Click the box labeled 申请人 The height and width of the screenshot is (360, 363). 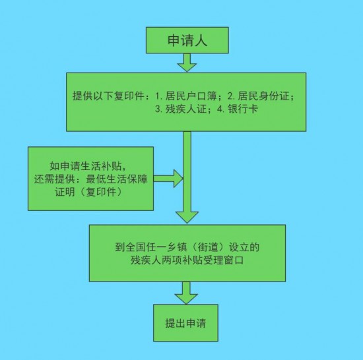click(x=187, y=40)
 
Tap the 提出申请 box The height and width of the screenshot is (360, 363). click(x=185, y=323)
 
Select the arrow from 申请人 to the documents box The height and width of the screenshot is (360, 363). click(x=187, y=63)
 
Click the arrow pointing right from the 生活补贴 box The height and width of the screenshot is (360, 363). click(x=168, y=178)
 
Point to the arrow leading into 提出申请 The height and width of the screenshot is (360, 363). click(x=186, y=293)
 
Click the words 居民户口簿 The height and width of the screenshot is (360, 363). click(x=191, y=96)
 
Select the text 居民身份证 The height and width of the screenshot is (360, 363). click(x=263, y=96)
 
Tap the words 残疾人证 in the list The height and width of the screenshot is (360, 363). click(x=185, y=109)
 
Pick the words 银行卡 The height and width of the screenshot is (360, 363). click(x=243, y=109)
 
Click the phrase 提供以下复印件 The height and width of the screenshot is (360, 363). click(x=109, y=96)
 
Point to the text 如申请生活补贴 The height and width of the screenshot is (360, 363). click(x=85, y=166)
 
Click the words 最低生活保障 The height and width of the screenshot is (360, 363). click(x=117, y=179)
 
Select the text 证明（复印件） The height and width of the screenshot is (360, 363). click(x=88, y=192)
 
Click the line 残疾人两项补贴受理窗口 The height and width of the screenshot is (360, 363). click(x=187, y=260)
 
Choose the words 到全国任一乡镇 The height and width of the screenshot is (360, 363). click(x=151, y=247)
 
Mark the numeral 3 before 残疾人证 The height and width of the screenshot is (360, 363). click(x=158, y=109)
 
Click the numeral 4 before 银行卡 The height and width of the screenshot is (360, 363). click(x=220, y=109)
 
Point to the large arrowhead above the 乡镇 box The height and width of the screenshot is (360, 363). click(x=187, y=217)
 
